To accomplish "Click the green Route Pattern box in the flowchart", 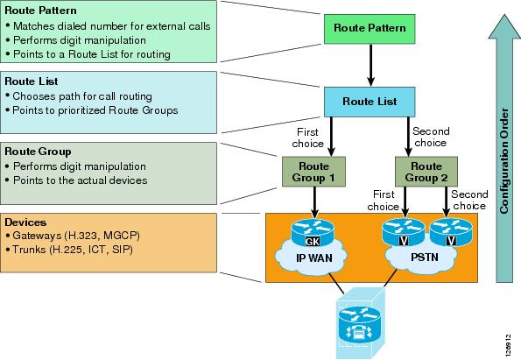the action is pyautogui.click(x=370, y=29).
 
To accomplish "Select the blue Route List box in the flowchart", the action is pyautogui.click(x=370, y=102).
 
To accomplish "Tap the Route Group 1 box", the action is pyautogui.click(x=313, y=172).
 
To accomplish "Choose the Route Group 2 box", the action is pyautogui.click(x=426, y=172).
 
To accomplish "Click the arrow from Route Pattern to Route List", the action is pyautogui.click(x=370, y=65).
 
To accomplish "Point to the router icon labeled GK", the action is pyautogui.click(x=313, y=233).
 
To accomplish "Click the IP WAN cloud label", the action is pyautogui.click(x=314, y=258).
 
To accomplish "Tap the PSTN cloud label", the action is pyautogui.click(x=425, y=258).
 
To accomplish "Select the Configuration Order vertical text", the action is pyautogui.click(x=504, y=161).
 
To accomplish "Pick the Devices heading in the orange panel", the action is pyautogui.click(x=25, y=222).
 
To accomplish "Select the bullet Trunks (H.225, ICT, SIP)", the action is pyautogui.click(x=69, y=250).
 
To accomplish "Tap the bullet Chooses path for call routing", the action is pyautogui.click(x=79, y=96).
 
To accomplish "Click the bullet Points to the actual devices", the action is pyautogui.click(x=76, y=180).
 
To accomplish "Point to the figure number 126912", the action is pyautogui.click(x=507, y=345).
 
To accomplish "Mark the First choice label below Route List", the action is pyautogui.click(x=307, y=138).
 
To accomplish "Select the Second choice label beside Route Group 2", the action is pyautogui.click(x=469, y=200).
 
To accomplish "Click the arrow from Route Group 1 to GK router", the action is pyautogui.click(x=314, y=202).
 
